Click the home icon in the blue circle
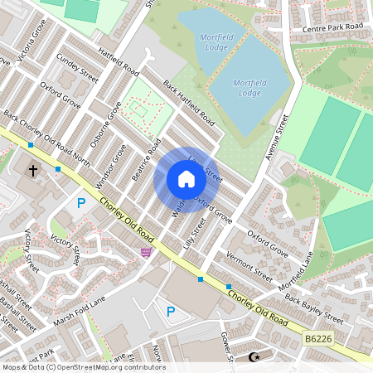point(186,179)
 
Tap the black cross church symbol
point(34,171)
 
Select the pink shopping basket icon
point(147,252)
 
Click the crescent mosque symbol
point(254,357)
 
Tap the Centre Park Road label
point(332,27)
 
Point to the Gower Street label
point(224,346)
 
